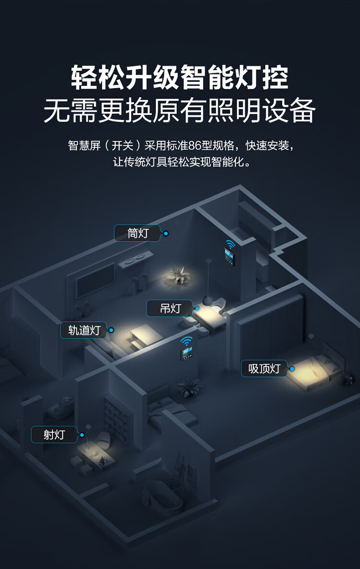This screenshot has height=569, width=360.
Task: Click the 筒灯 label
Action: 137,233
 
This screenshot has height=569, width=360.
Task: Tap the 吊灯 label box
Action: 170,308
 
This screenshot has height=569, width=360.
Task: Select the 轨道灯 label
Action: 84,330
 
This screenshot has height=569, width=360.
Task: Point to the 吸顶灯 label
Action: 264,368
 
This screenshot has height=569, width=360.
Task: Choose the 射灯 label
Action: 54,435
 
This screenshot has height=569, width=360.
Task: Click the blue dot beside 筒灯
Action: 166,233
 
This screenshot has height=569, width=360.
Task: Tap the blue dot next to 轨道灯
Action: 111,330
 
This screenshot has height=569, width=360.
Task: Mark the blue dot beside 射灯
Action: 82,435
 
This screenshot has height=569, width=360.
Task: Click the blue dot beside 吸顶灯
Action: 291,369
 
